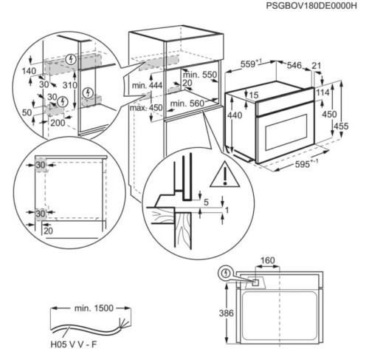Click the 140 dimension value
point(29,71)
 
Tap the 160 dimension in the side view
point(267,260)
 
